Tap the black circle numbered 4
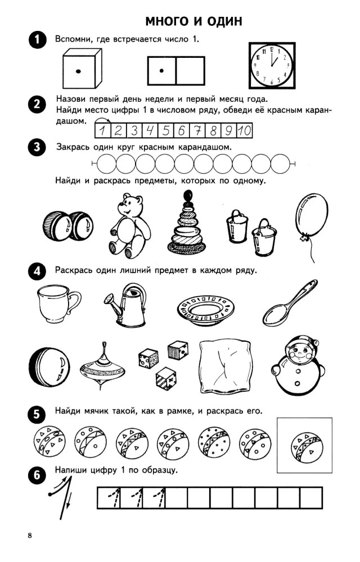pos(37,271)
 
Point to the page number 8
pos(30,536)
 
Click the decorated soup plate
pos(206,310)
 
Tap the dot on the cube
pos(78,71)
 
